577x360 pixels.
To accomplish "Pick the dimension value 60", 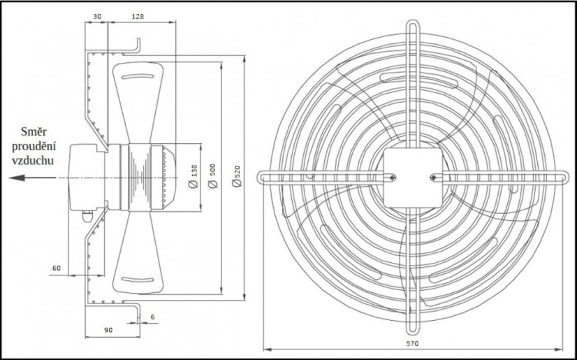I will [57, 268].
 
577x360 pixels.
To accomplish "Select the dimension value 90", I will [108, 329].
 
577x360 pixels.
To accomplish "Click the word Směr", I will [34, 131].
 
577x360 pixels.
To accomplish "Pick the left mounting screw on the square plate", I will [392, 177].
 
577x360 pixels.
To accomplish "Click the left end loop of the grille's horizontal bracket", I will [263, 177].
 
